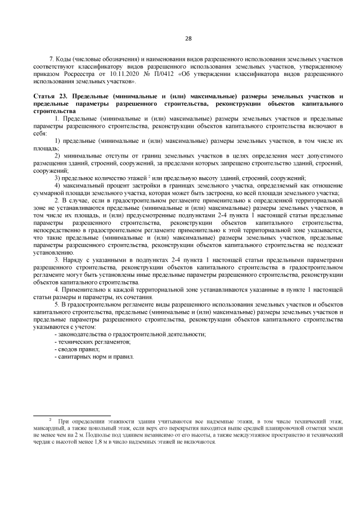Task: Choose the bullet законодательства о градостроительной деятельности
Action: (x=130, y=334)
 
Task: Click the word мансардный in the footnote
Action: (x=49, y=428)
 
